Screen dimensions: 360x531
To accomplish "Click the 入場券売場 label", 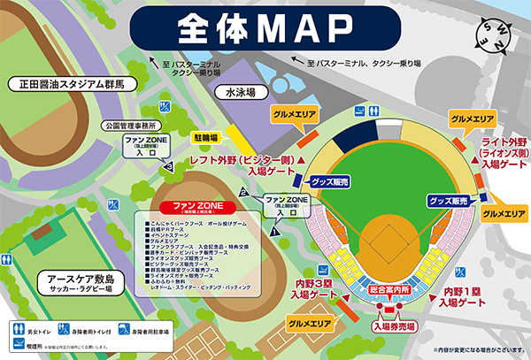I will coord(396,326).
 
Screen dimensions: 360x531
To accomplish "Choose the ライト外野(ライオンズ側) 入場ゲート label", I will coord(503,152).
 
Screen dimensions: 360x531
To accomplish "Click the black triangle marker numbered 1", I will coord(274,231).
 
